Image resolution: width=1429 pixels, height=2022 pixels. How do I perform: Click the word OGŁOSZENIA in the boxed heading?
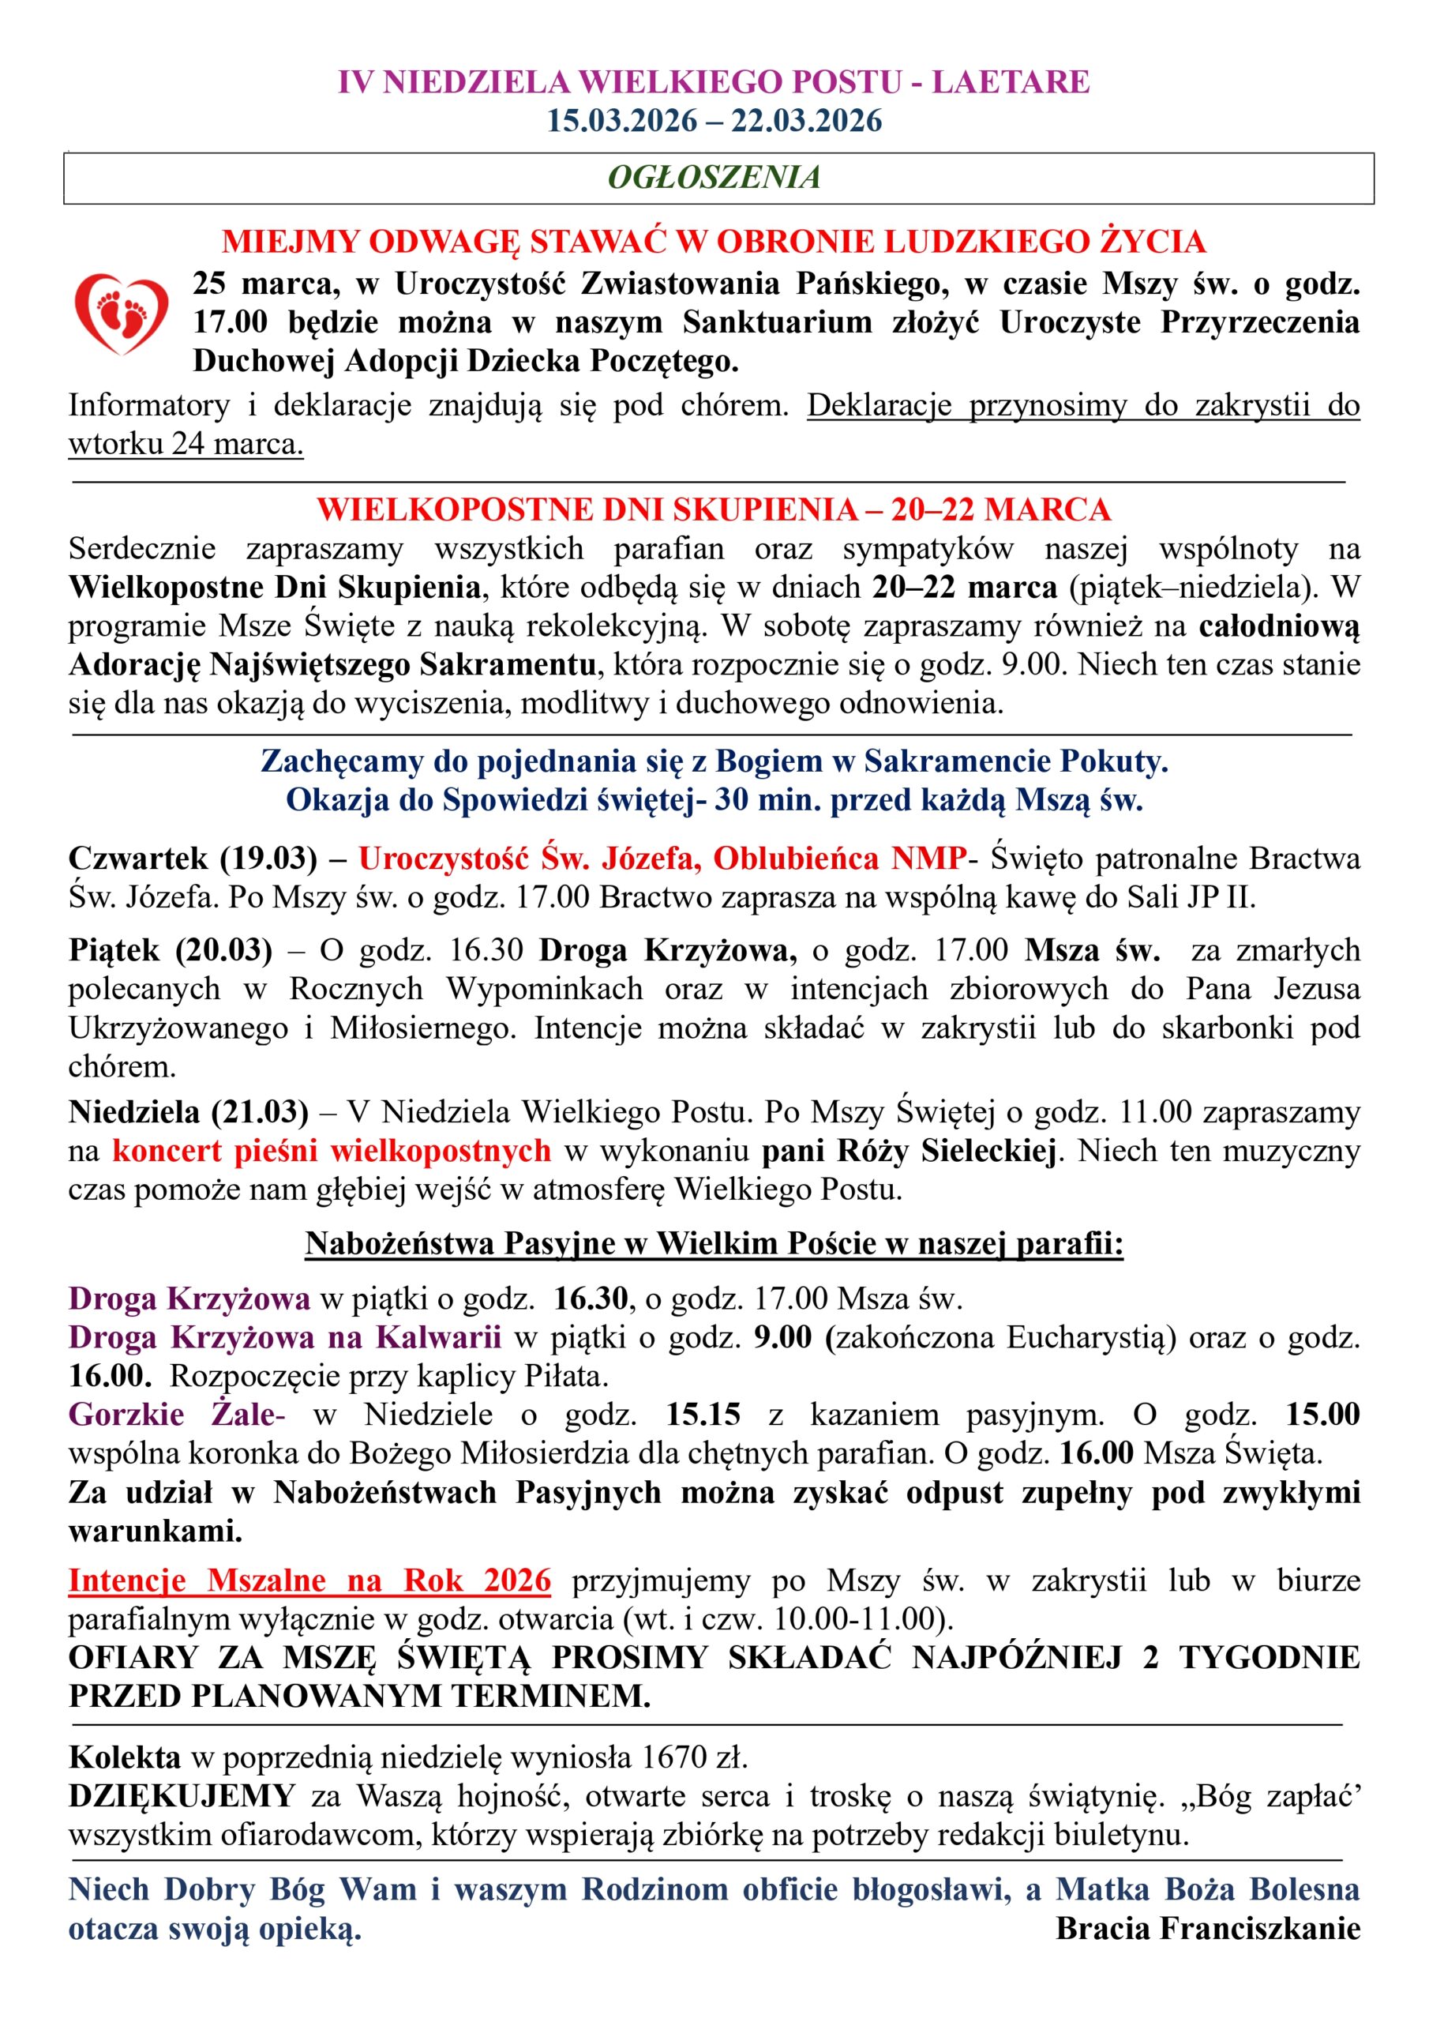click(x=714, y=177)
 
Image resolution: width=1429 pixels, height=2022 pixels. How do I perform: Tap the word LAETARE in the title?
click(x=1011, y=82)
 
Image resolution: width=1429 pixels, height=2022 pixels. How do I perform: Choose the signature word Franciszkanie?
click(x=1260, y=1928)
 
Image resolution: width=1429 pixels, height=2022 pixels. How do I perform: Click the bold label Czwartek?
click(x=138, y=858)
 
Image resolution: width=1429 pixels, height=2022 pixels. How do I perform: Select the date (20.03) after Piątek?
click(x=224, y=949)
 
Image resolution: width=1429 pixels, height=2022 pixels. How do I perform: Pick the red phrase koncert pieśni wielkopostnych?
click(x=331, y=1150)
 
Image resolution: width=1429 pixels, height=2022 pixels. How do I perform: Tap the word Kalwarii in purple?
click(x=438, y=1337)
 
